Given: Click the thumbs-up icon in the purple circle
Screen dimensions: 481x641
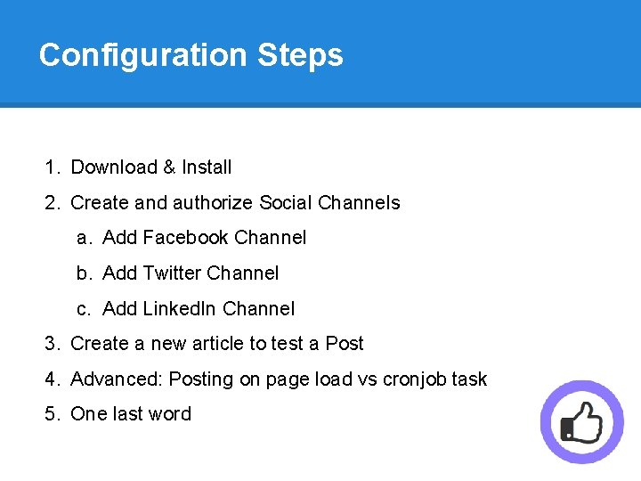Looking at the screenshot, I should (x=582, y=422).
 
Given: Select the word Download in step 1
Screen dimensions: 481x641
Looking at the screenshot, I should (x=114, y=167).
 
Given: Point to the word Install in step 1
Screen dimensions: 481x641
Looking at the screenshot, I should (x=207, y=167).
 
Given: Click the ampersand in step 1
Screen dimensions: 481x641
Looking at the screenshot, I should (x=169, y=167).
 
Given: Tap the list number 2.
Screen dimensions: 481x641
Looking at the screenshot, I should (x=52, y=203).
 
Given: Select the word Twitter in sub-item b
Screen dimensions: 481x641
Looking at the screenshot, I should (x=170, y=273).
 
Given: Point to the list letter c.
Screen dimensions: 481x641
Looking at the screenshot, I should (x=84, y=309).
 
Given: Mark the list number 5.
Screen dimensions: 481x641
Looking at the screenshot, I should (x=52, y=414).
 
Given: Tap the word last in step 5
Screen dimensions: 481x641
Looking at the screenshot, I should (x=129, y=414).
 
